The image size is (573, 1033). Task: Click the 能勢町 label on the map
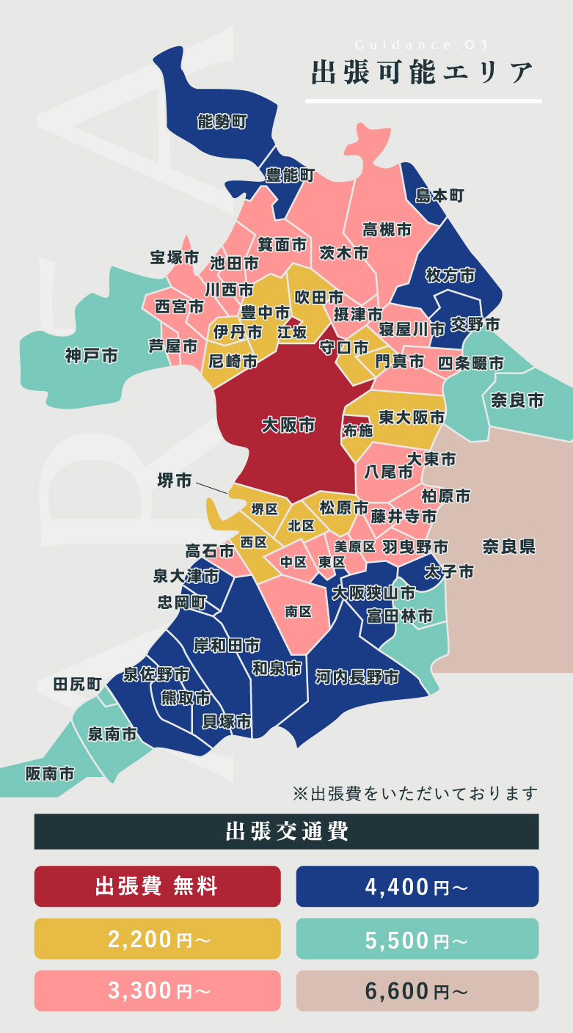click(x=222, y=122)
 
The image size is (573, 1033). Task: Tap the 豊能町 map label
click(x=290, y=175)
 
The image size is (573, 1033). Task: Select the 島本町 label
click(x=439, y=195)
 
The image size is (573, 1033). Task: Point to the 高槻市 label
click(x=387, y=230)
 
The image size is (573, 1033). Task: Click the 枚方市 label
click(x=450, y=276)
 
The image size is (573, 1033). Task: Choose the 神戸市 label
click(x=91, y=357)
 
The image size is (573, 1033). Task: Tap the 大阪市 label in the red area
click(x=288, y=426)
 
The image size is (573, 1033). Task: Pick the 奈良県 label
click(x=508, y=547)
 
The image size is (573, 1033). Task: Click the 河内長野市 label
click(x=357, y=676)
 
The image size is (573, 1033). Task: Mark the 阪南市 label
click(x=50, y=773)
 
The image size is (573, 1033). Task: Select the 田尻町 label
click(x=77, y=684)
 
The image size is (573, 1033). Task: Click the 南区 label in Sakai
click(x=299, y=611)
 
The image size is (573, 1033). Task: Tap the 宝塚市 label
click(x=175, y=258)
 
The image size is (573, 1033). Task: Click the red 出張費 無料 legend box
click(x=157, y=886)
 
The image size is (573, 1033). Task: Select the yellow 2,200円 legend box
click(x=157, y=938)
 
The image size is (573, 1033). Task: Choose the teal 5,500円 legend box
click(x=417, y=938)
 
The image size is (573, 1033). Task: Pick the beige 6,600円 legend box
click(x=417, y=990)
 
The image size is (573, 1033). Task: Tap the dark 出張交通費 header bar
click(x=286, y=831)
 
